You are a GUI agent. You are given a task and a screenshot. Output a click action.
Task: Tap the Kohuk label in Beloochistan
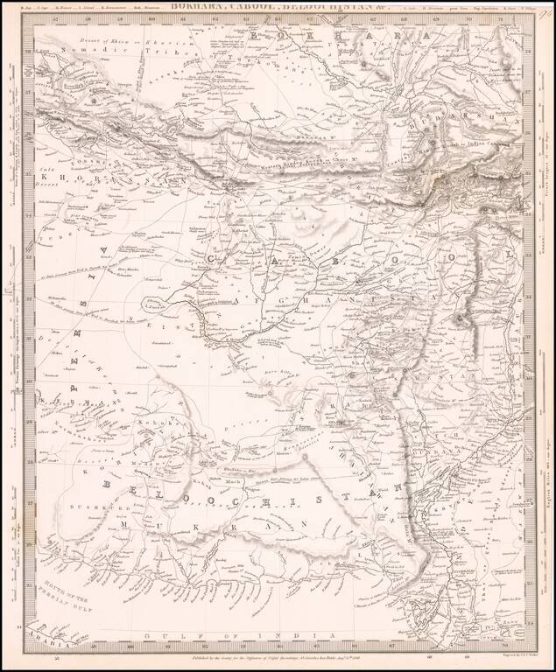pyautogui.click(x=150, y=424)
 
